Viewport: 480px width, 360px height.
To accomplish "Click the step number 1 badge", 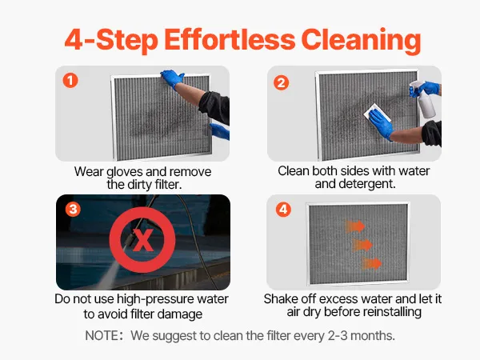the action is (70, 81).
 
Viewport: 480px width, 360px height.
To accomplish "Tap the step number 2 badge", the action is (281, 82).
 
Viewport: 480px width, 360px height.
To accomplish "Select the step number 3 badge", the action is (73, 210).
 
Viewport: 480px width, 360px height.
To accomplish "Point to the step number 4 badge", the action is (283, 210).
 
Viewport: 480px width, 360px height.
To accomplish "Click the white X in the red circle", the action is (143, 240).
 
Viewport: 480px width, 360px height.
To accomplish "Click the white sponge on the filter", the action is (377, 113).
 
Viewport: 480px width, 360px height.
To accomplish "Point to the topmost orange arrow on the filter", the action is (355, 226).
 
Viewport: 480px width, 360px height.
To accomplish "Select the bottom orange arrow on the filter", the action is (372, 263).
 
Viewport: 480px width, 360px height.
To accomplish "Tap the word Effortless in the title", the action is (230, 39).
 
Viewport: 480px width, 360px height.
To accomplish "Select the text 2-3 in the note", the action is (338, 335).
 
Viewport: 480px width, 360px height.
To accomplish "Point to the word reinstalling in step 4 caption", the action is (392, 312).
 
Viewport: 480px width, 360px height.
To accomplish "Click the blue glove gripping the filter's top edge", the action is (171, 78).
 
